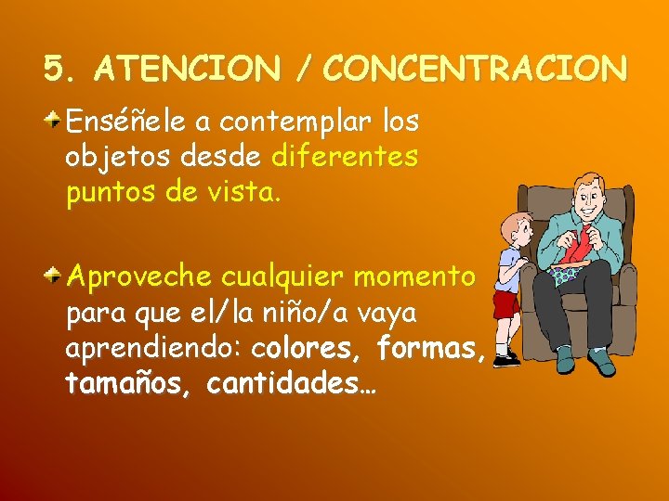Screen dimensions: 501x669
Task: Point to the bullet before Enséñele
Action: click(x=56, y=119)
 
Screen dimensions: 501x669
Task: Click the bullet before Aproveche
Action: click(x=56, y=274)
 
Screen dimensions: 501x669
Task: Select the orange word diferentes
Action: click(x=345, y=157)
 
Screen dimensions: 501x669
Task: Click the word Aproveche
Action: click(x=138, y=277)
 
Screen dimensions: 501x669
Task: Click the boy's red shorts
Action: click(x=506, y=304)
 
